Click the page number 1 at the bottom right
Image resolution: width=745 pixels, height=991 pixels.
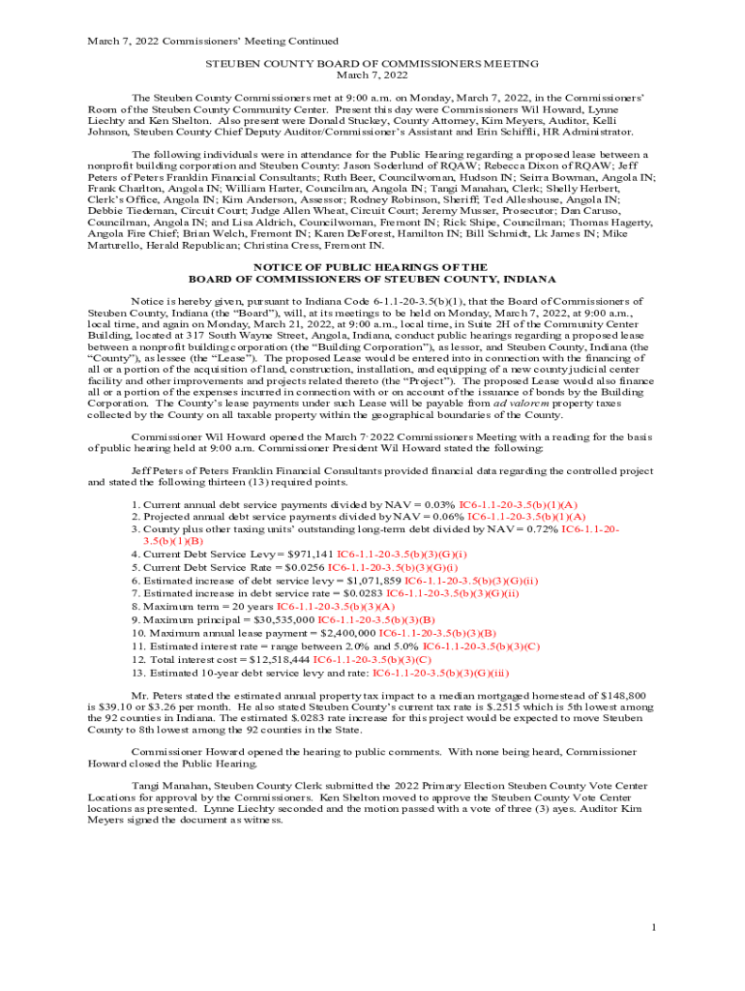click(x=655, y=929)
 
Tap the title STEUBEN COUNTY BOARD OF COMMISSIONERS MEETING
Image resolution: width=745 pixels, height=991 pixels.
click(x=372, y=63)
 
